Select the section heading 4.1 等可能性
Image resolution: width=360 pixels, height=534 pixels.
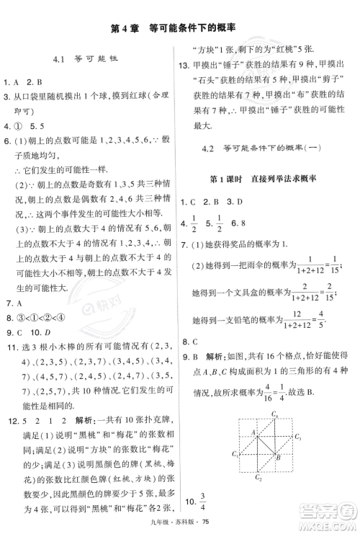[85, 59]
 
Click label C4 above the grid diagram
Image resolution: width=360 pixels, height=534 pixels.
[275, 413]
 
